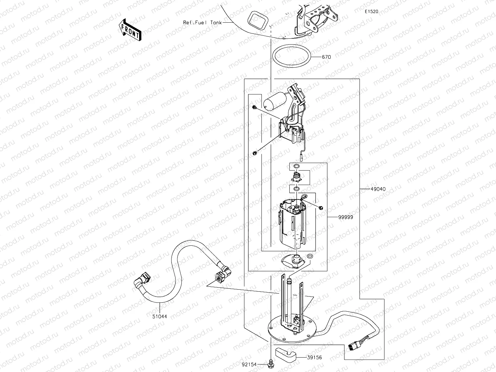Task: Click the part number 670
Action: [x=326, y=57]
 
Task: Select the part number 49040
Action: [x=378, y=189]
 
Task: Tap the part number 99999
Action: [x=346, y=217]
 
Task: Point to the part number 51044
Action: [x=159, y=317]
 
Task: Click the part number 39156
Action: [x=314, y=358]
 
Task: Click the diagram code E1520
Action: [x=371, y=11]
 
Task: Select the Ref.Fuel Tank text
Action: [x=202, y=23]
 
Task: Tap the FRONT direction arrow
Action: [x=130, y=30]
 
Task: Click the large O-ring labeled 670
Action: [x=292, y=56]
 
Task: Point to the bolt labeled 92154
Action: [x=271, y=363]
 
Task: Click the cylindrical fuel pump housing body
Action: [x=292, y=226]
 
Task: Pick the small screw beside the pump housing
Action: [x=320, y=207]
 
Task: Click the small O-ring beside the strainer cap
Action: [x=310, y=256]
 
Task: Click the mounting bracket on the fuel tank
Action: [x=317, y=20]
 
